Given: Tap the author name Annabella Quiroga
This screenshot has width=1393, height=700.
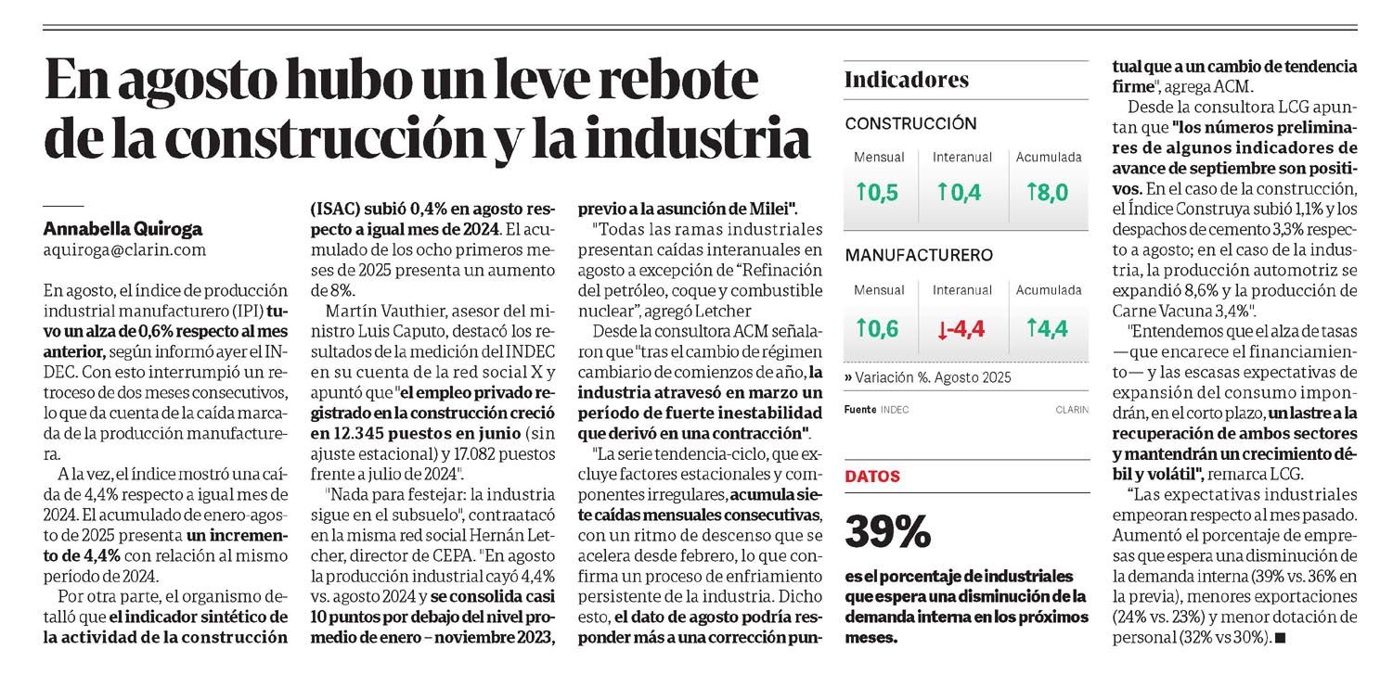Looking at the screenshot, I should (123, 227).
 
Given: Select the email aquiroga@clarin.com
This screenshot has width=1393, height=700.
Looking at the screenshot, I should (125, 249).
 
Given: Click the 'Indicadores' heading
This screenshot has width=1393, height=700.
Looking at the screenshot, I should (906, 80).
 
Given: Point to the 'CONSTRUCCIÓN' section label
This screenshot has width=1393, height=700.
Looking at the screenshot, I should (910, 123).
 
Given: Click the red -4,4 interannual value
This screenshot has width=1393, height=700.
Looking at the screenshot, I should (961, 328).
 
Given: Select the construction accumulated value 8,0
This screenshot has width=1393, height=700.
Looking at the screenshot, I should (1048, 193).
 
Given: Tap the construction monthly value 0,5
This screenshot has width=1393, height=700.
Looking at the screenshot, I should (877, 193).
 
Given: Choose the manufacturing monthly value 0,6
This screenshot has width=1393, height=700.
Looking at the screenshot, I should (877, 328).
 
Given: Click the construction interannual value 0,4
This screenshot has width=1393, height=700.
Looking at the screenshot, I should (961, 193).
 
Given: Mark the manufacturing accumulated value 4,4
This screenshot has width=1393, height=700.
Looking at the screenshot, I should (1048, 328).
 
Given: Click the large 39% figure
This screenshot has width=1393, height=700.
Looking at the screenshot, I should (887, 531).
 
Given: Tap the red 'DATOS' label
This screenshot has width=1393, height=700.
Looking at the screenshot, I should (872, 477).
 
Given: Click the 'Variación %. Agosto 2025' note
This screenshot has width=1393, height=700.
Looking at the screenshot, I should (928, 377).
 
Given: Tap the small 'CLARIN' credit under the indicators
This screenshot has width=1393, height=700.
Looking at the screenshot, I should (1071, 409).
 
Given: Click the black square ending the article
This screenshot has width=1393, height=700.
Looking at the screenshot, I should (1282, 638).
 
